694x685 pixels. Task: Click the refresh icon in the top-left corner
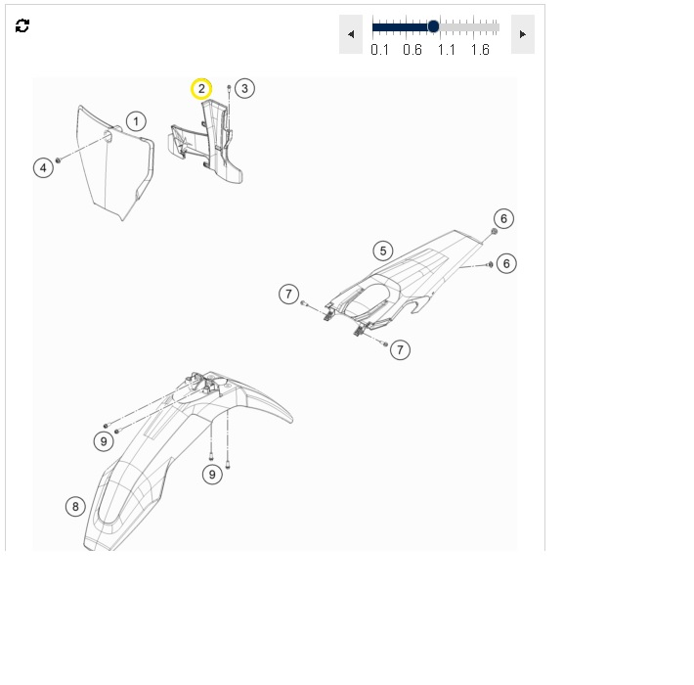pyautogui.click(x=22, y=25)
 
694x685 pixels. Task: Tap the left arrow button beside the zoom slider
pyautogui.click(x=351, y=34)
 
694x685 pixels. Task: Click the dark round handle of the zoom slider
pyautogui.click(x=433, y=26)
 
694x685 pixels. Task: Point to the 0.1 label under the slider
pyautogui.click(x=380, y=50)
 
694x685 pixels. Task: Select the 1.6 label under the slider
pyautogui.click(x=480, y=50)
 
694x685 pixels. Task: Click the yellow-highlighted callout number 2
pyautogui.click(x=201, y=89)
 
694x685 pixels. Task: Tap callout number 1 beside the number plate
pyautogui.click(x=136, y=121)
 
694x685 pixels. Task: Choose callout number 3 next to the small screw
pyautogui.click(x=244, y=88)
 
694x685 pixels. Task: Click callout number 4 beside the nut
pyautogui.click(x=43, y=168)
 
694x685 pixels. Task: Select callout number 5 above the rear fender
pyautogui.click(x=383, y=251)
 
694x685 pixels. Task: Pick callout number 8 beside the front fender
pyautogui.click(x=75, y=507)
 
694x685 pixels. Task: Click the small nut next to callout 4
pyautogui.click(x=58, y=160)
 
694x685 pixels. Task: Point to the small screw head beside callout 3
pyautogui.click(x=229, y=87)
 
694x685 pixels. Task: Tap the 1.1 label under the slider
pyautogui.click(x=446, y=50)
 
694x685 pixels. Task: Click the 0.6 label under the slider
pyautogui.click(x=412, y=50)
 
